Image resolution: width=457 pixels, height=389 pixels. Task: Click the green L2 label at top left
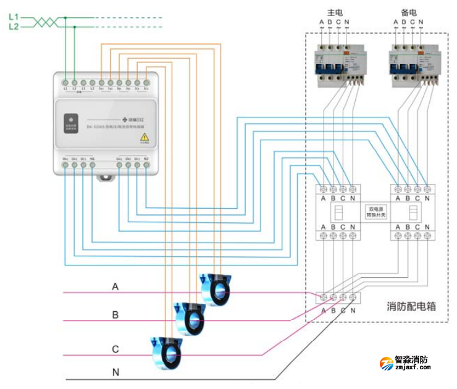[x=14, y=27]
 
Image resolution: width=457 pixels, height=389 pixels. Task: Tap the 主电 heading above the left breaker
[x=334, y=12]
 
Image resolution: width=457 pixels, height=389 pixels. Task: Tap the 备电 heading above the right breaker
[x=408, y=12]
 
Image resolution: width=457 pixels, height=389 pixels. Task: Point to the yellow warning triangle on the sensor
[x=143, y=136]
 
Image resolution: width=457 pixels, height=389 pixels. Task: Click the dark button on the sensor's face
[x=70, y=117]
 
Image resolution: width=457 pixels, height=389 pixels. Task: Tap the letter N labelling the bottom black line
[x=115, y=372]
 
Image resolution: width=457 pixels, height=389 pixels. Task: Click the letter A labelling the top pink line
[x=115, y=287]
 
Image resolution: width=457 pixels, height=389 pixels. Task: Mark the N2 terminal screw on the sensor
[x=146, y=165]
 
